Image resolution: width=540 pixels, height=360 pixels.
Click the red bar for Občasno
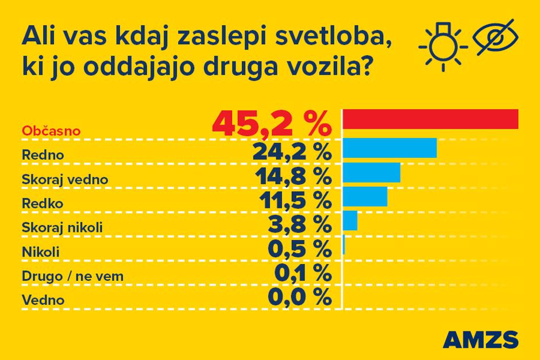point(430,119)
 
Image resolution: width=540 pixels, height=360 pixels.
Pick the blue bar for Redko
point(365,196)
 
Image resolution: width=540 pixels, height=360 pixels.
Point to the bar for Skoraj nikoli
point(350,220)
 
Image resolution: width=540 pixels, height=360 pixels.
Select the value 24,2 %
point(292,152)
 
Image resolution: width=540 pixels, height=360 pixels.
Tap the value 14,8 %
point(292,176)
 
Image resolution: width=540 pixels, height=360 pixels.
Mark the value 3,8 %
point(300,224)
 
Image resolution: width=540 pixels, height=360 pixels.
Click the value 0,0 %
point(300,297)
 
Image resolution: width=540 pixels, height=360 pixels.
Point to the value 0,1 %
point(300,273)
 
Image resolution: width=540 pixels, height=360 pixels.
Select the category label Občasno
point(51,131)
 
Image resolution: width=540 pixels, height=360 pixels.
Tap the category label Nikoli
point(40,251)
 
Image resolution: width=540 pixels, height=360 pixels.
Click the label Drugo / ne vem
point(72,276)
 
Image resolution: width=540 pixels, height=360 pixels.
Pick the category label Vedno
point(43,300)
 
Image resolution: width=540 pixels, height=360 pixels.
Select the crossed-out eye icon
point(495,38)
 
